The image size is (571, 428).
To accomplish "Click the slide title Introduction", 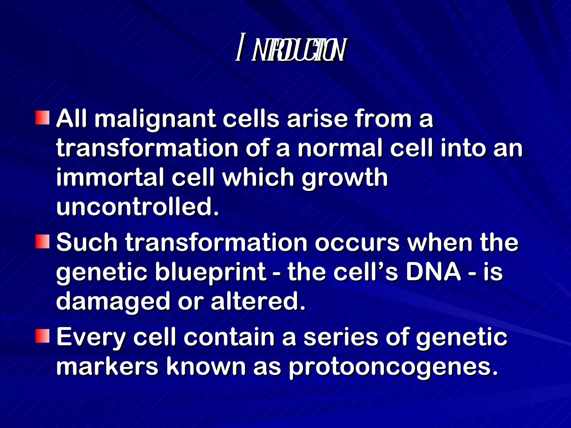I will [x=291, y=51].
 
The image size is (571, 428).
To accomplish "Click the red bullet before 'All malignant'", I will [x=42, y=118].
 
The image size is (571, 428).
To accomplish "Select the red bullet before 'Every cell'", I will [x=42, y=336].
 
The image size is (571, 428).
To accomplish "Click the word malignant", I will [x=155, y=119].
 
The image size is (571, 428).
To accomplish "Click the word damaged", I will [x=113, y=302].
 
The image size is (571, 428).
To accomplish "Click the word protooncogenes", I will [x=393, y=367].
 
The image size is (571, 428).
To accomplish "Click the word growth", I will [x=345, y=178].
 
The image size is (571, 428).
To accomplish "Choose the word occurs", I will [x=357, y=243].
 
